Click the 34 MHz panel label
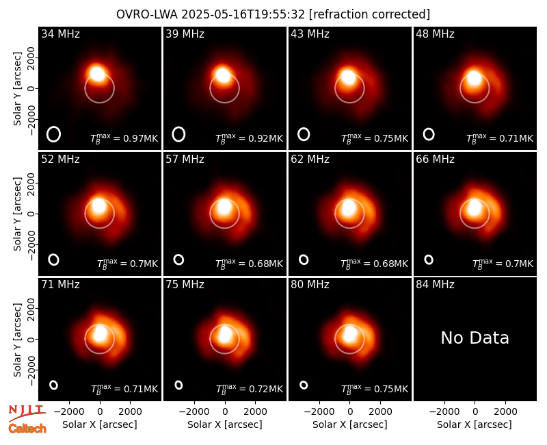[60, 34]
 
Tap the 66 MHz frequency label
[435, 160]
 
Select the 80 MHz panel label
[310, 285]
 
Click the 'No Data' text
[475, 338]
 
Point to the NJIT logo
[27, 413]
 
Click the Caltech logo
[27, 429]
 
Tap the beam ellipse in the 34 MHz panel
[54, 134]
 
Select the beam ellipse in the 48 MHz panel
[429, 134]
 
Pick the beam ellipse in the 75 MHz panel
[178, 385]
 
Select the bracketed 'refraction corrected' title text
[369, 14]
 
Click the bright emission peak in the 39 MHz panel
[223, 75]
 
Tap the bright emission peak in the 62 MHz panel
[348, 207]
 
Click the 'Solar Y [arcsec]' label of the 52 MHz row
[18, 214]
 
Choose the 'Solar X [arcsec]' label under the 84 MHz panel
[475, 424]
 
